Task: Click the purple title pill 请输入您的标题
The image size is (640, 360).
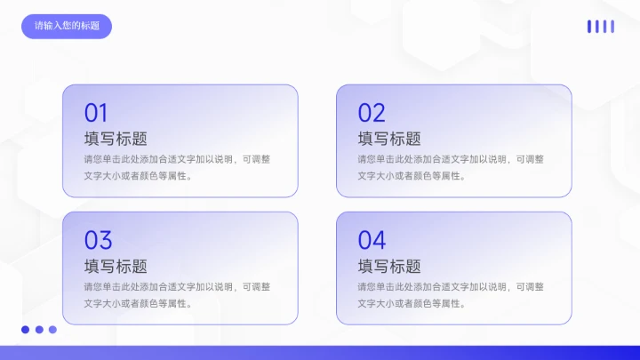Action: tap(67, 26)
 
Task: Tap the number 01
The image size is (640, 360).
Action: tap(96, 113)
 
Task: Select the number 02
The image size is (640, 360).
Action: tap(372, 113)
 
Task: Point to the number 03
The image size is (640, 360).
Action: tap(98, 240)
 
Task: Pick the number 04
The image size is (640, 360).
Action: tap(372, 240)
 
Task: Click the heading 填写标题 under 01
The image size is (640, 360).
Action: tap(116, 139)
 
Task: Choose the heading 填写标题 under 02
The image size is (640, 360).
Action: tap(389, 139)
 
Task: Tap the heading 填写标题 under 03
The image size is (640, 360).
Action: tap(116, 266)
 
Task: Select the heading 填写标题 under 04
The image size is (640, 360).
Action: tap(389, 266)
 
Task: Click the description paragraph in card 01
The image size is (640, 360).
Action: tap(177, 167)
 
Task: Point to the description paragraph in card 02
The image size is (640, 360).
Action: tap(451, 167)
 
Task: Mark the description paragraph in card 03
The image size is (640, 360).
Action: tap(177, 294)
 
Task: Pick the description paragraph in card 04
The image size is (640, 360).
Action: tap(451, 294)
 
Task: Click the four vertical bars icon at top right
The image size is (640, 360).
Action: tap(601, 27)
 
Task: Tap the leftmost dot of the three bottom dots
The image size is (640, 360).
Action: tap(26, 330)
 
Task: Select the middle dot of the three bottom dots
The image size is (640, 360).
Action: tap(39, 330)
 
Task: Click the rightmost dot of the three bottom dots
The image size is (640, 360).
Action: tap(52, 330)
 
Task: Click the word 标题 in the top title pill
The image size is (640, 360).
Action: tap(90, 26)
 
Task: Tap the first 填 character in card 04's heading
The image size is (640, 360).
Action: tap(366, 266)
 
